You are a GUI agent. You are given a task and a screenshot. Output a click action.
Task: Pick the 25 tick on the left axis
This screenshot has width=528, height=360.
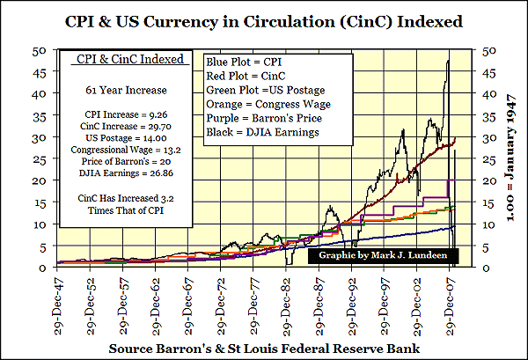39,158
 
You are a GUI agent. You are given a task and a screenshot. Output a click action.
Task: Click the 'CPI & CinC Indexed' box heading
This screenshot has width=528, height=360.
123,60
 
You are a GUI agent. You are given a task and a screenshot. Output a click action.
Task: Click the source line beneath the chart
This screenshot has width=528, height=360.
264,349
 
